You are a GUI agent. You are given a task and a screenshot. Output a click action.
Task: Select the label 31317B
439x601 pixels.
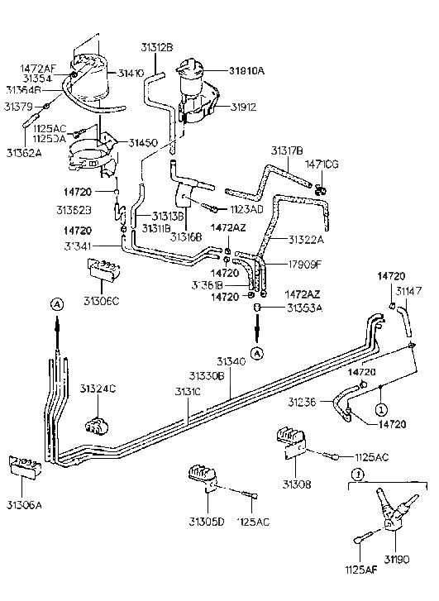[287, 150]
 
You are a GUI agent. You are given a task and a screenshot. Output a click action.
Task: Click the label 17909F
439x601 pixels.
[306, 265]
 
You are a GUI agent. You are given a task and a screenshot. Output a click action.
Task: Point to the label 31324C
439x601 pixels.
[98, 388]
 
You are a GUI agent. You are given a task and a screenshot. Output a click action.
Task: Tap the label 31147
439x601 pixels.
[408, 290]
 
